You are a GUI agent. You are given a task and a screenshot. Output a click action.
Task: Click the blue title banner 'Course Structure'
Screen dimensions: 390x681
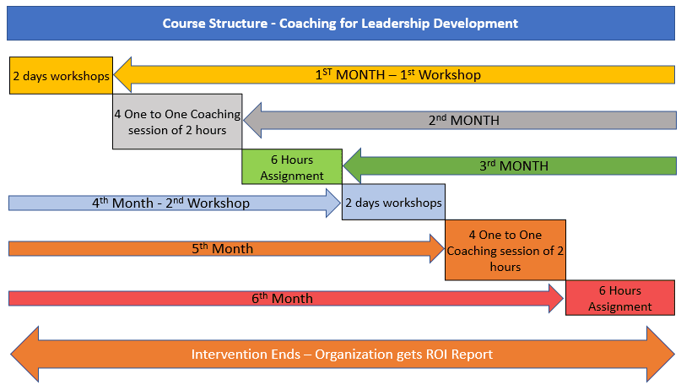pyautogui.click(x=340, y=23)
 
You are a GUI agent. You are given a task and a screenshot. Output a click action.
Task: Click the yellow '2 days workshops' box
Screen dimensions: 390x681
pyautogui.click(x=61, y=75)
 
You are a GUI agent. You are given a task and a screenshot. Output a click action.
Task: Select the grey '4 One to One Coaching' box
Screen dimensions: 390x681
pyautogui.click(x=177, y=122)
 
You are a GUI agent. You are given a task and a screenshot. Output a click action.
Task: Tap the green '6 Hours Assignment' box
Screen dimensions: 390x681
pyautogui.click(x=292, y=167)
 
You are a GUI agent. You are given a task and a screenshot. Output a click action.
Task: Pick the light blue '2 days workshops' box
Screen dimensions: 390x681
pyautogui.click(x=392, y=203)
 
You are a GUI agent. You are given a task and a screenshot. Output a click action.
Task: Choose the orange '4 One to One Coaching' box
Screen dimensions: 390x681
pyautogui.click(x=505, y=250)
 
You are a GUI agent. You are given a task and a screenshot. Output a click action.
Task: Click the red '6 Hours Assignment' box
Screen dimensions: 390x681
pyautogui.click(x=620, y=298)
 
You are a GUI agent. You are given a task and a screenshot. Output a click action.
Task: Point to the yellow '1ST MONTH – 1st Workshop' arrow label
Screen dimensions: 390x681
pyautogui.click(x=397, y=75)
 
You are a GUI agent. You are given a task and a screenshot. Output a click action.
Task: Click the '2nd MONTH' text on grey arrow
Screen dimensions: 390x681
pyautogui.click(x=463, y=120)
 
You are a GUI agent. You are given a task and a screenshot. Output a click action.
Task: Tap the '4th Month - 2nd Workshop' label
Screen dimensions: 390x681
pyautogui.click(x=170, y=203)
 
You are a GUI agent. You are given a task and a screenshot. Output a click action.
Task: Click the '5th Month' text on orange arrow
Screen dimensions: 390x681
pyautogui.click(x=220, y=249)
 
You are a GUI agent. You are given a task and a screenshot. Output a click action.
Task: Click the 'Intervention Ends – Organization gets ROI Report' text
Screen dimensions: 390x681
pyautogui.click(x=342, y=355)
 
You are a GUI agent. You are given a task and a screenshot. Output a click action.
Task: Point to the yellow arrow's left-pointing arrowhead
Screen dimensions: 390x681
pyautogui.click(x=124, y=74)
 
